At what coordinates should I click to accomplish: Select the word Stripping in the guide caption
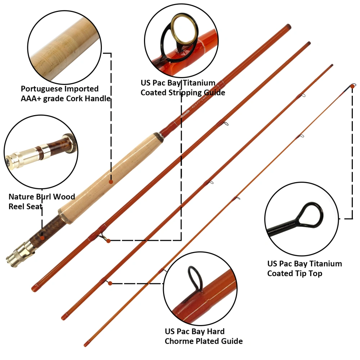click(x=184, y=93)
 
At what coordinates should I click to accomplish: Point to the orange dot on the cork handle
click(x=111, y=182)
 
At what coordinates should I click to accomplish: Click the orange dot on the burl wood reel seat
click(x=42, y=238)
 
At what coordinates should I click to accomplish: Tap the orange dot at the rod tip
click(x=354, y=86)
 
